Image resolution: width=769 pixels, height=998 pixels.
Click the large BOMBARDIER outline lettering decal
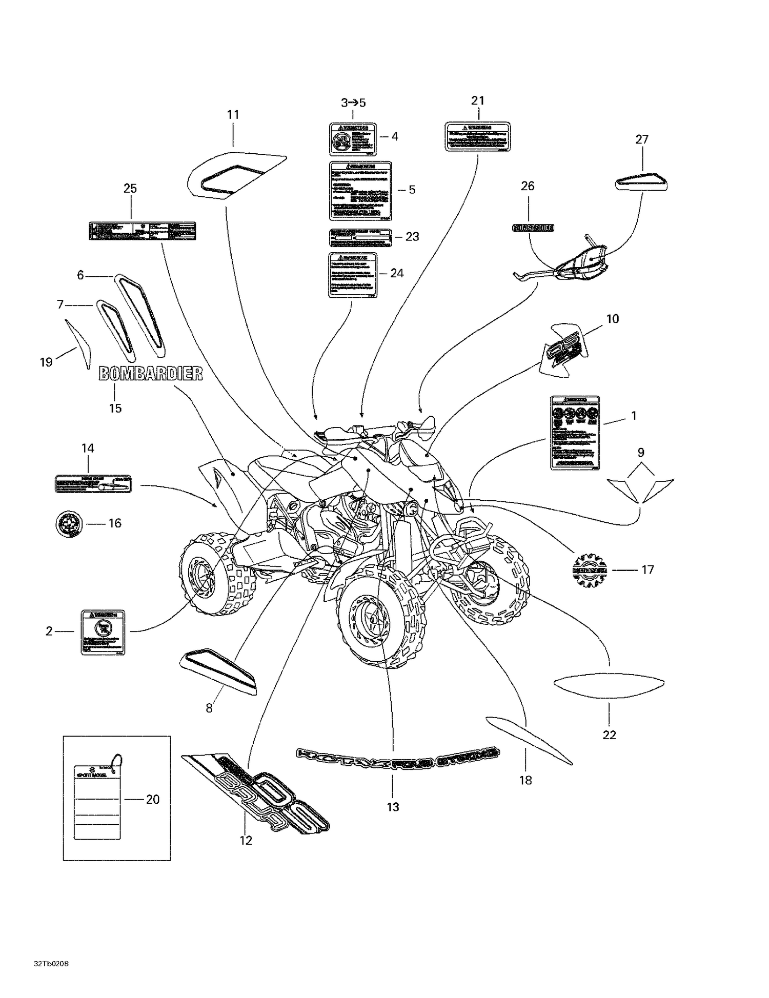click(150, 374)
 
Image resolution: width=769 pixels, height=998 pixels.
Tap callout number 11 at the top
click(233, 115)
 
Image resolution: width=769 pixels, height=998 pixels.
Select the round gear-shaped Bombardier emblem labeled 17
click(590, 569)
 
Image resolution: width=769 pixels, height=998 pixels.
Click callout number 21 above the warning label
click(477, 100)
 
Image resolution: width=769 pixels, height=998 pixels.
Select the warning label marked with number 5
click(360, 191)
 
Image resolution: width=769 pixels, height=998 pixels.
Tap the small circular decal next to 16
click(69, 523)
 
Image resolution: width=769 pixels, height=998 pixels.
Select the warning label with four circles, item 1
click(575, 432)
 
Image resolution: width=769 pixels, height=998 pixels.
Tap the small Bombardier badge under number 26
click(533, 228)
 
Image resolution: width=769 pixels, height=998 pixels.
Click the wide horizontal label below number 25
click(142, 231)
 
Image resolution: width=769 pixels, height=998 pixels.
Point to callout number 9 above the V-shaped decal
click(640, 453)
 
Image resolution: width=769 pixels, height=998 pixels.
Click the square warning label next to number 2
click(103, 632)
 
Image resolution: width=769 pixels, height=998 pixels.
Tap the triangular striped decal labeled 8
click(218, 671)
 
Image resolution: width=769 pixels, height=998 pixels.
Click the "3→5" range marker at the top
click(353, 103)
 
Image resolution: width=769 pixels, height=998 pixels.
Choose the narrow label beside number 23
click(360, 236)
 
